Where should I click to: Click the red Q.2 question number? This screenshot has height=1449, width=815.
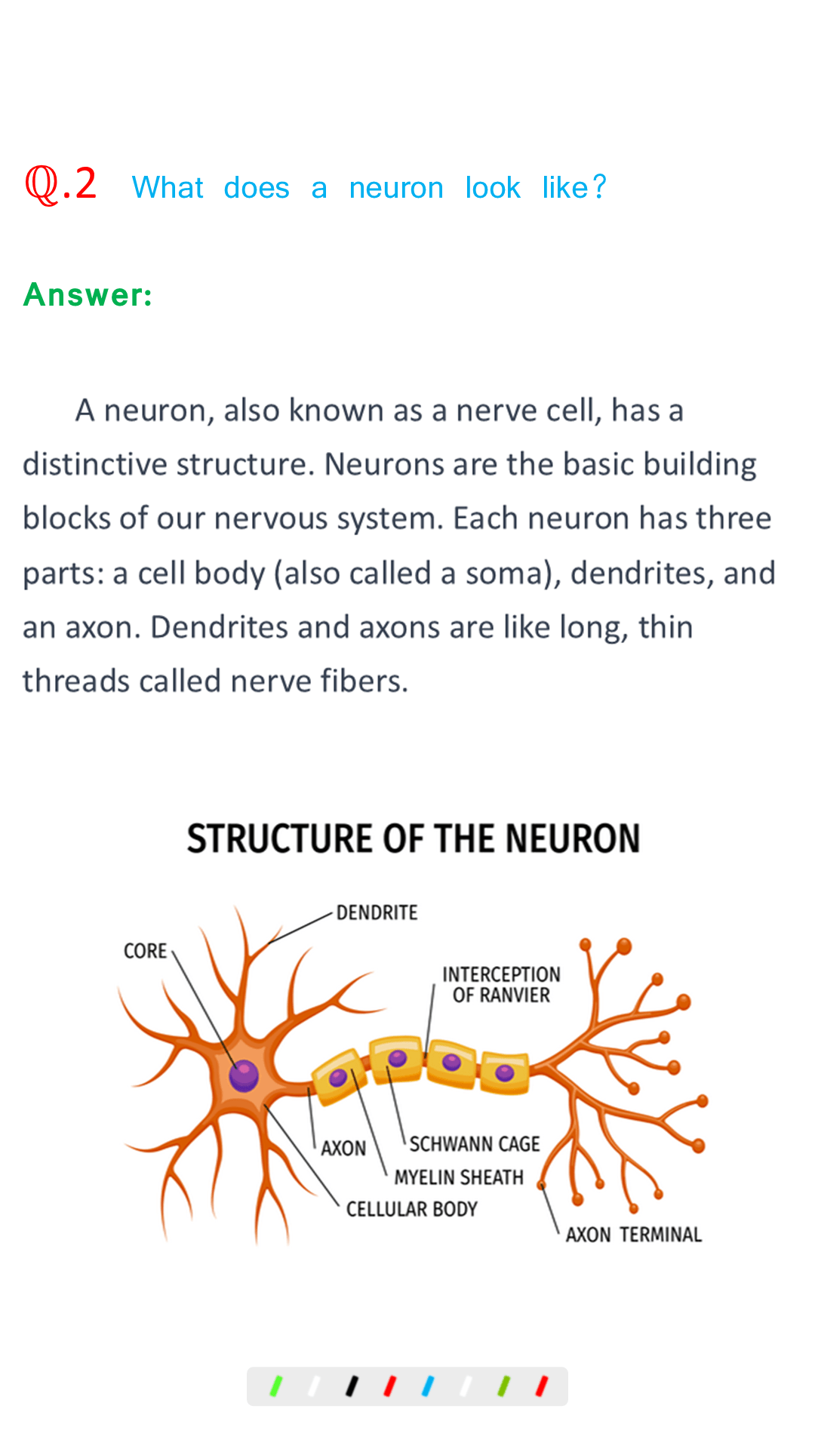(60, 185)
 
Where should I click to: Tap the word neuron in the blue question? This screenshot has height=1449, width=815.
(396, 188)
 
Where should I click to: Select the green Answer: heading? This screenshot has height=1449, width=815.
(88, 294)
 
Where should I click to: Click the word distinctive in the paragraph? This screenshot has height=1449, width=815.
(94, 464)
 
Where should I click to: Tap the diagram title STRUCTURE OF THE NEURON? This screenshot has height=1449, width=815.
(414, 838)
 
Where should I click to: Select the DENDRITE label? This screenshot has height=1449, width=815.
(377, 912)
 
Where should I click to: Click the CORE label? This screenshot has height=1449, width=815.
(145, 951)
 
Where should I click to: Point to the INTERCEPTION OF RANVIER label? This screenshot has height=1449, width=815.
(501, 985)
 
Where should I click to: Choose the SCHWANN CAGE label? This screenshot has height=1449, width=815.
(475, 1144)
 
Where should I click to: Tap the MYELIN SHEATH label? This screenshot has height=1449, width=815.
(459, 1177)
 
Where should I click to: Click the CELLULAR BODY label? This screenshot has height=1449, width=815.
(411, 1209)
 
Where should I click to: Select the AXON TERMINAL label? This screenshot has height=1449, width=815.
(634, 1235)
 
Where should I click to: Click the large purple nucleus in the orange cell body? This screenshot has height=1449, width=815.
(244, 1075)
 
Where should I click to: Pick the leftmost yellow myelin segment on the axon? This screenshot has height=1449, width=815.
(339, 1077)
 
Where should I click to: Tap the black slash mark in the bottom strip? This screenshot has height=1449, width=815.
(351, 1386)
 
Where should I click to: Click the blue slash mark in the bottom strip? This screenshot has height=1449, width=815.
(427, 1386)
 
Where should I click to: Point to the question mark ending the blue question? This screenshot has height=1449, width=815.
(599, 187)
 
